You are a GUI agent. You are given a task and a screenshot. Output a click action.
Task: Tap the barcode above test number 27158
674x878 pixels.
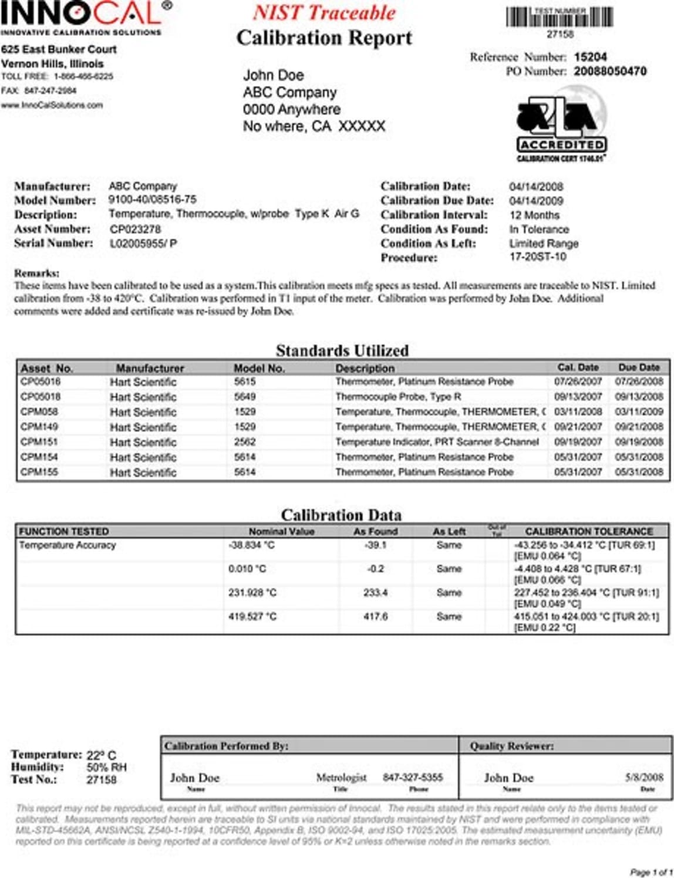(x=560, y=16)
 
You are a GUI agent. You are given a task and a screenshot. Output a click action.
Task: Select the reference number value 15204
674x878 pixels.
(x=590, y=57)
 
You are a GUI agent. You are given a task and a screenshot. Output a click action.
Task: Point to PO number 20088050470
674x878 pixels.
(x=610, y=71)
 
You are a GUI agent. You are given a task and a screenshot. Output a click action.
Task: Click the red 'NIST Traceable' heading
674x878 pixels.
(x=324, y=13)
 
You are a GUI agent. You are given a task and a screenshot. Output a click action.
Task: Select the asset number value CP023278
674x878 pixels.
(x=135, y=229)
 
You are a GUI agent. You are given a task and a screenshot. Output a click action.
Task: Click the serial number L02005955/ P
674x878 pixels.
(x=143, y=243)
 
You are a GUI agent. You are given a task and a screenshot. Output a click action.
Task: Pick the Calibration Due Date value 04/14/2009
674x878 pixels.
(x=536, y=201)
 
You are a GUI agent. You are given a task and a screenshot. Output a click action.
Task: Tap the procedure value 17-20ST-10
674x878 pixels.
(x=538, y=256)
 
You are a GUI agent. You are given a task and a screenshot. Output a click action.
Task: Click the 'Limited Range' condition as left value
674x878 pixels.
(x=544, y=243)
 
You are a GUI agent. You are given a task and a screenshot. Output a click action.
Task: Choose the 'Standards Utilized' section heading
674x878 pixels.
(x=342, y=350)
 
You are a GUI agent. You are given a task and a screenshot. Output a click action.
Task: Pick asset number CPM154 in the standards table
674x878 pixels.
(x=39, y=457)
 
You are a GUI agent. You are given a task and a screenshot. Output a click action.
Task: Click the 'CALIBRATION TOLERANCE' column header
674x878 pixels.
(x=589, y=531)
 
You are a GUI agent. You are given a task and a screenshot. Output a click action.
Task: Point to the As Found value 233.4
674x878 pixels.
(x=375, y=593)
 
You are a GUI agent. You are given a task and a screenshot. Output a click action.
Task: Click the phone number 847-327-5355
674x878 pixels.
(x=413, y=778)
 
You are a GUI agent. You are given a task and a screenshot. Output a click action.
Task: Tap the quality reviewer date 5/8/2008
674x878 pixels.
(x=644, y=778)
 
